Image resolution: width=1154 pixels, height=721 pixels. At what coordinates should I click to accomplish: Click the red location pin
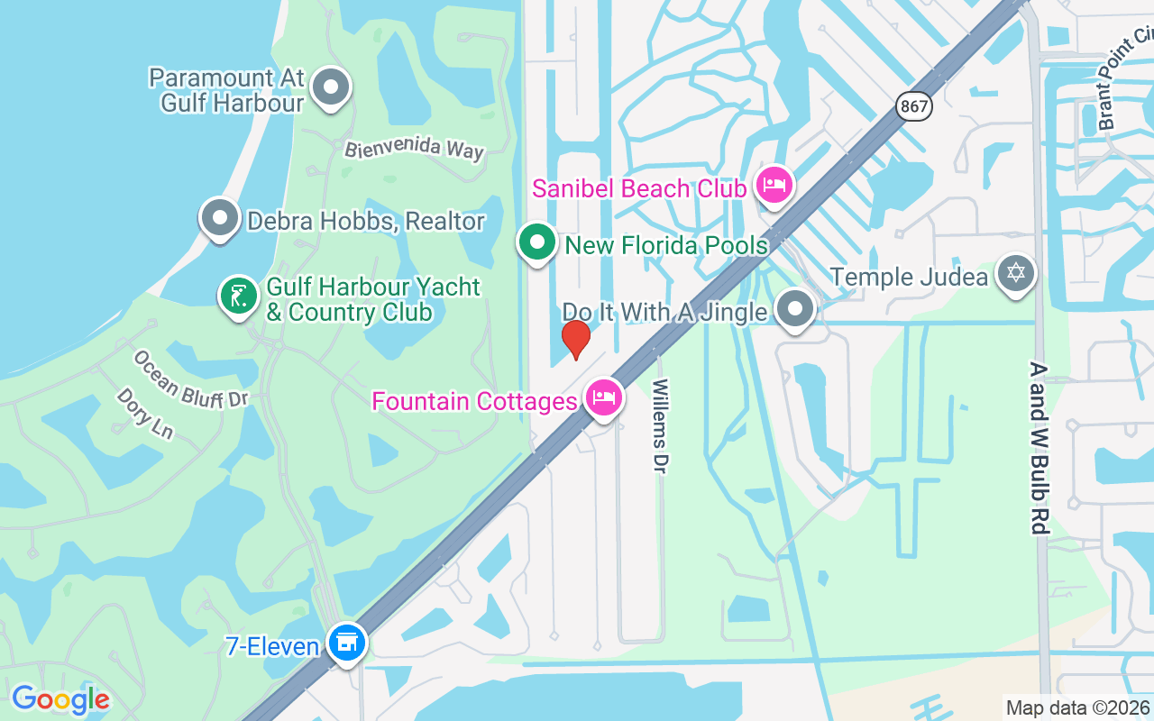575,340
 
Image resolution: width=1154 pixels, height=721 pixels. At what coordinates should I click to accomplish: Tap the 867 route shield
913,106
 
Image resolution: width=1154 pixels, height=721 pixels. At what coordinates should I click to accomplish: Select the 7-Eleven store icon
347,643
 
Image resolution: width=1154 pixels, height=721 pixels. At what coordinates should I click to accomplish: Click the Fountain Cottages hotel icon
603,397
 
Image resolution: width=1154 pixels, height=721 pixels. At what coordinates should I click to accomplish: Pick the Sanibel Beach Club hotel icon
773,186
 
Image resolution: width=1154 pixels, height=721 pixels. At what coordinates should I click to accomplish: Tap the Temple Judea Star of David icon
1016,271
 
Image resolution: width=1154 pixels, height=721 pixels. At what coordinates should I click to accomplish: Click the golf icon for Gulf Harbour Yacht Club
238,296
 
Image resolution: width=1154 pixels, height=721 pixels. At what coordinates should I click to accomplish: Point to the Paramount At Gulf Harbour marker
331,87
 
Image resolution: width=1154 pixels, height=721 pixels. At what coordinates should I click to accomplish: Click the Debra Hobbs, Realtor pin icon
219,218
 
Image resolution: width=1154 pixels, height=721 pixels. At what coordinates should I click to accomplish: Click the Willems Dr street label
661,427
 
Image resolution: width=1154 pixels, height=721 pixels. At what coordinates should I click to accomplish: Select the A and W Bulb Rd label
1040,448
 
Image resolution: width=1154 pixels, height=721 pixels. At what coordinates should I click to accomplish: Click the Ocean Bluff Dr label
190,378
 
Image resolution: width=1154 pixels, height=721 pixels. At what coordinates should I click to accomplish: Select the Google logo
60,699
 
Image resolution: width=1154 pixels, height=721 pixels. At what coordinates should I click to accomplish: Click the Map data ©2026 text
1077,707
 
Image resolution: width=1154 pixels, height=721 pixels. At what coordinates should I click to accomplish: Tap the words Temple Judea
909,277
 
